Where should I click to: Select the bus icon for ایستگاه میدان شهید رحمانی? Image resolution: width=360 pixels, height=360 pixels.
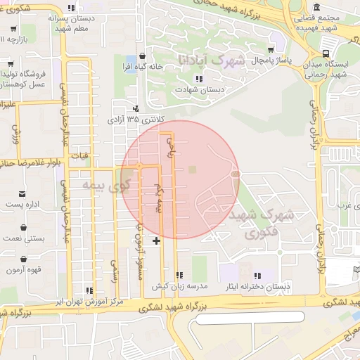coord(325,53)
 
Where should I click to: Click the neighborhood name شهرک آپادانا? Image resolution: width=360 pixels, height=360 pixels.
coord(211,60)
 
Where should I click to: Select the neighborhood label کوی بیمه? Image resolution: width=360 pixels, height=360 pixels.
coord(107,186)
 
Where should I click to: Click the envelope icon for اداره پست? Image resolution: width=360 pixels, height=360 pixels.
coord(23,193)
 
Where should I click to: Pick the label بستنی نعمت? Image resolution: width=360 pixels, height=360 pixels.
coord(25,238)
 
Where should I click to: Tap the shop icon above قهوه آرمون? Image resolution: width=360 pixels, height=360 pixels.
coord(25,259)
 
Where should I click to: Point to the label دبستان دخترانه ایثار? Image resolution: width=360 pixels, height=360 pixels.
coord(257,286)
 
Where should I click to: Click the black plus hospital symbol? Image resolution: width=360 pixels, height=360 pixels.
coord(155,241)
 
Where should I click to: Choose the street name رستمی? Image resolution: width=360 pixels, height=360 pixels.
coord(114,267)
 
